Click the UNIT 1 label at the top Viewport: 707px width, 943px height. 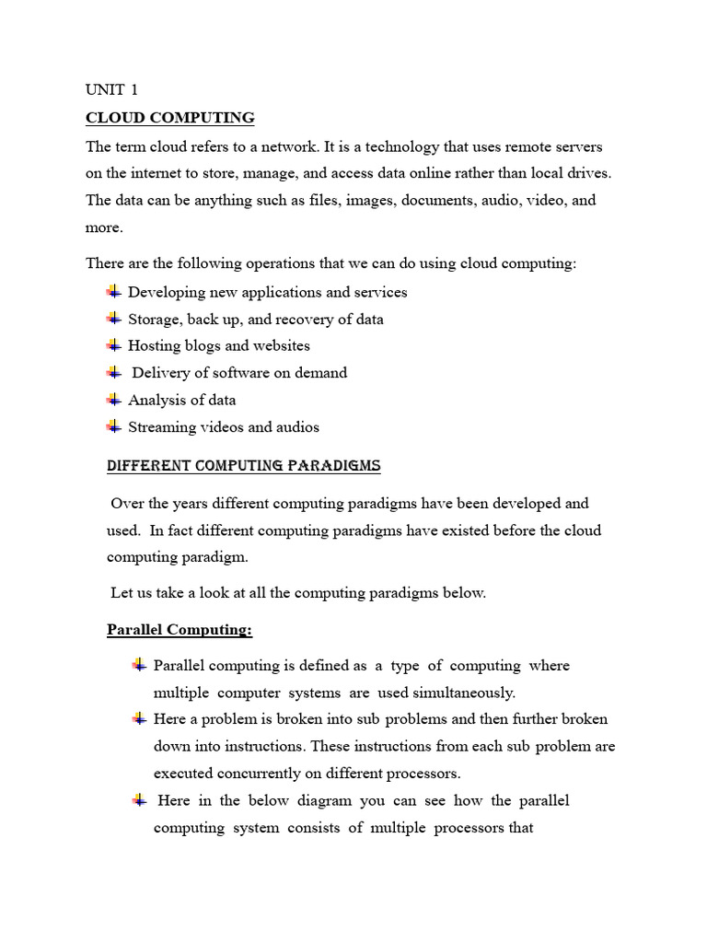click(111, 89)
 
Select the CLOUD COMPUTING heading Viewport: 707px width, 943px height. click(169, 118)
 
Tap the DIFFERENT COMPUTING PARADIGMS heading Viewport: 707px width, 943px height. click(243, 466)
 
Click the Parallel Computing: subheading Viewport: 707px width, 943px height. click(180, 630)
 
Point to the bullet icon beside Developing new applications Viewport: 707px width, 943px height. click(114, 292)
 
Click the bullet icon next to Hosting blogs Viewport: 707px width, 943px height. click(114, 345)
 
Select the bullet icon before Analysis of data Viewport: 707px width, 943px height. click(114, 400)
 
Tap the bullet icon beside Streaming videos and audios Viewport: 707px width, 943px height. click(114, 426)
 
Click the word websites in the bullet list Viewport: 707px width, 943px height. click(281, 346)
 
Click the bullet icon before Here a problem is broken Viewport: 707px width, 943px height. click(139, 718)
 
